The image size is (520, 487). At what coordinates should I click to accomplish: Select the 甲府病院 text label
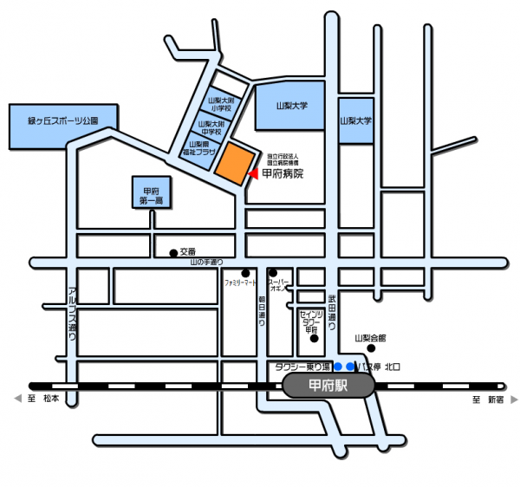point(283,174)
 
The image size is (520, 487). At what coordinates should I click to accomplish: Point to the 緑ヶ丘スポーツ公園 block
point(53,126)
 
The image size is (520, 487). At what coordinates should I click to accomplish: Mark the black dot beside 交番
point(172,253)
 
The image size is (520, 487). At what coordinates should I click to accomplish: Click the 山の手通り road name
point(207,262)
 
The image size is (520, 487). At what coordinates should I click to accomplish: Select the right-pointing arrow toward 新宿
point(514,399)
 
